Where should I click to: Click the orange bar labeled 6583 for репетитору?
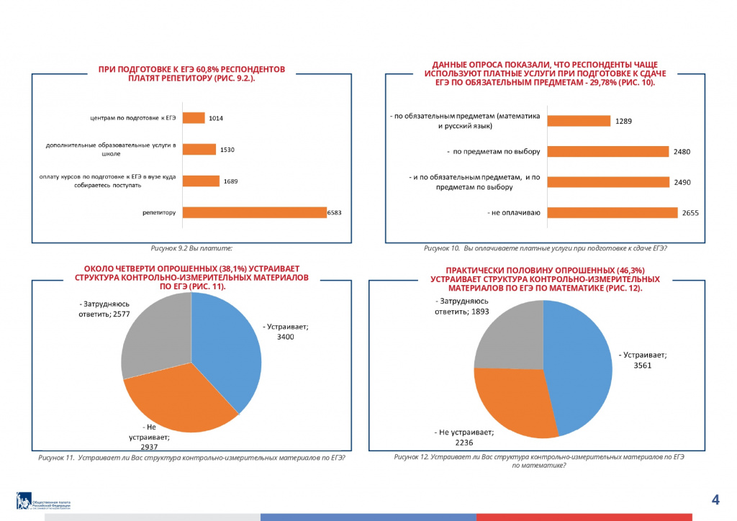click(255, 212)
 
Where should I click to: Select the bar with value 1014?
click(194, 117)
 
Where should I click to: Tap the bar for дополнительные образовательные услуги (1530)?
click(199, 149)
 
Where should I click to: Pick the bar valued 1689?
click(202, 181)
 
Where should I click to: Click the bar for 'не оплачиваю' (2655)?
click(612, 212)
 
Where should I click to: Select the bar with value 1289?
click(579, 121)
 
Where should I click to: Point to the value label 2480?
click(682, 152)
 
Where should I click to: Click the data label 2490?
click(682, 183)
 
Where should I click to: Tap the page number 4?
click(715, 499)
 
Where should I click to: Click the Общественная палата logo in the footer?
click(43, 502)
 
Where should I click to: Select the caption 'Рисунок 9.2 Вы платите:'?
click(191, 248)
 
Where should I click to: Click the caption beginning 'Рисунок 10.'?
click(545, 248)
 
